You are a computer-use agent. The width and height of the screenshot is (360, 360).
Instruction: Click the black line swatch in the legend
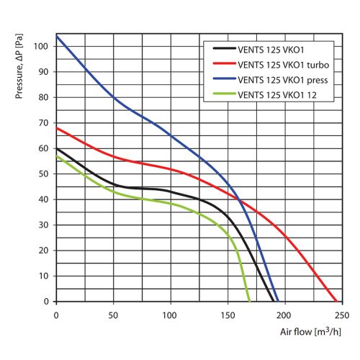pos(225,49)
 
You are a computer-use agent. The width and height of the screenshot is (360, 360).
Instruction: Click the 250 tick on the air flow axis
pos(342,315)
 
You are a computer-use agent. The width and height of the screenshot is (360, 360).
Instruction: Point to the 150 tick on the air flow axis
pos(228,315)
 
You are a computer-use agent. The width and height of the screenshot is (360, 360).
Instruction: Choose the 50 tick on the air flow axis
pos(113,315)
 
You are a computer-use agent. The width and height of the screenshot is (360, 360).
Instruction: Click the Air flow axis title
pos(310,333)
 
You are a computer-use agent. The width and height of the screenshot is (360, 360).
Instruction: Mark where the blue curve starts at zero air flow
pos(56,36)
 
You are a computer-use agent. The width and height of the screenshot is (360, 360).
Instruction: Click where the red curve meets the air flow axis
pos(336,301)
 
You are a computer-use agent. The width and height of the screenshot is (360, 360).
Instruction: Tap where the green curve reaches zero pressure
pos(250,301)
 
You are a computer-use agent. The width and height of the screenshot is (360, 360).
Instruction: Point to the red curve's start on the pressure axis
pos(56,128)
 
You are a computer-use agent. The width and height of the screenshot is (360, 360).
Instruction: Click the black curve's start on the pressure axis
pos(56,148)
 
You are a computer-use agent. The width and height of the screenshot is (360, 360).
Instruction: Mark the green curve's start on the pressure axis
pos(56,156)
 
